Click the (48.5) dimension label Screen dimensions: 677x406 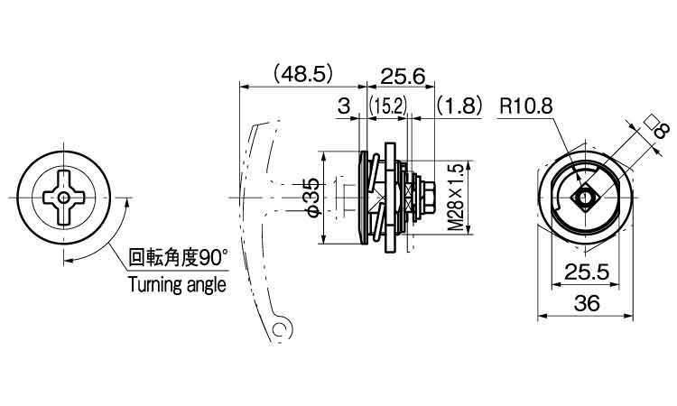(303, 74)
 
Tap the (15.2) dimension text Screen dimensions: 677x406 (388, 106)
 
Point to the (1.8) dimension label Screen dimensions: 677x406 (459, 106)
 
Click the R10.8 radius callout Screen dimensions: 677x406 (526, 106)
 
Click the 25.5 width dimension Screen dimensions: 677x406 (587, 272)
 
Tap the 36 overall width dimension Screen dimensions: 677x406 (587, 304)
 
